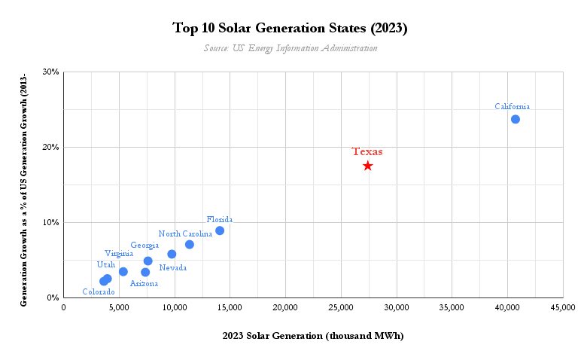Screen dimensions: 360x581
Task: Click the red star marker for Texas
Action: point(367,166)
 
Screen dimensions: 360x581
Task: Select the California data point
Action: point(515,119)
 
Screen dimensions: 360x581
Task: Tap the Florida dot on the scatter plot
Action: point(219,230)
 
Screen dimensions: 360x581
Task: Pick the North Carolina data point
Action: point(189,244)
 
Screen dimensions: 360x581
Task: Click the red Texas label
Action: point(367,151)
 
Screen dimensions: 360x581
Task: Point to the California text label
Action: point(512,106)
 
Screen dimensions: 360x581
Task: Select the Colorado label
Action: point(99,292)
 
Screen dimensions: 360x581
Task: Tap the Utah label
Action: point(106,264)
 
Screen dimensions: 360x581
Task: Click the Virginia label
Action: point(119,253)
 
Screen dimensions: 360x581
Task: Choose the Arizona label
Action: point(144,284)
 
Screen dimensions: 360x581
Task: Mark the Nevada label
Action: point(172,267)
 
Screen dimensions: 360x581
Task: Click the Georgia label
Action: point(144,245)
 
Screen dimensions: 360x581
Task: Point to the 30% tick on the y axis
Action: point(50,72)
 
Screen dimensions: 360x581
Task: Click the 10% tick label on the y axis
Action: point(50,223)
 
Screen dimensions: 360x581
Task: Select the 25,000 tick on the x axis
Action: point(285,307)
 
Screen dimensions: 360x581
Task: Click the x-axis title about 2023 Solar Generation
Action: point(313,336)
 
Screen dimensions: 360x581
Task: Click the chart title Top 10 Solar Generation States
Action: point(290,29)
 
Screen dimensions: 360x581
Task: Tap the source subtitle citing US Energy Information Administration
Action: point(290,48)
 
